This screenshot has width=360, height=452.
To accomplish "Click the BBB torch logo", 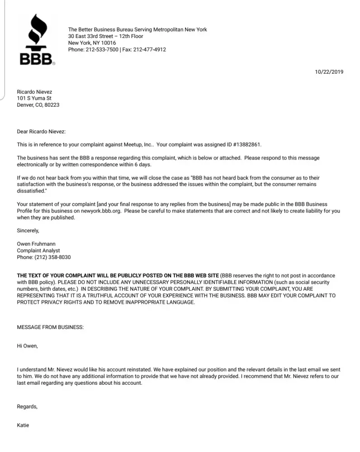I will (36, 40).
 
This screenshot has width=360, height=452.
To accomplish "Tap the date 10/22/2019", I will (329, 72).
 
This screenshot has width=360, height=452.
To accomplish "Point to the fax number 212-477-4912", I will (150, 50).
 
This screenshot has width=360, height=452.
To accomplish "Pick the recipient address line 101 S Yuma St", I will (34, 98).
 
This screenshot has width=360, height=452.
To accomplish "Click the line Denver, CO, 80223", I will (38, 105).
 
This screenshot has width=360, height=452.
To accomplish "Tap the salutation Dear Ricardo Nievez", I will (41, 132).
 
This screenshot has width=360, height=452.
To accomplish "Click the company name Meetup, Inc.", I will (137, 145).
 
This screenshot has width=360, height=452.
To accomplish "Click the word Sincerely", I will (28, 231).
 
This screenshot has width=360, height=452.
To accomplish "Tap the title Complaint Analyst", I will (38, 251).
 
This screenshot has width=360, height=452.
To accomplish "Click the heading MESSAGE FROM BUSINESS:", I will (50, 327).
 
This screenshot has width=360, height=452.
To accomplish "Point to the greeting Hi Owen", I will (27, 346).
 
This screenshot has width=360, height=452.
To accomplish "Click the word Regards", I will (27, 406).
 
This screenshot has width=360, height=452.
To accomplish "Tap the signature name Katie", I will (23, 425).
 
